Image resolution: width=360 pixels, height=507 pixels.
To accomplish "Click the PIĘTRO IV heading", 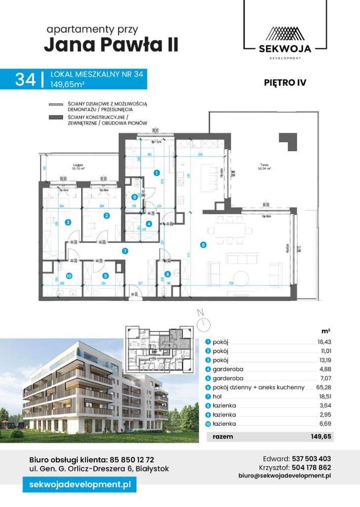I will (x=285, y=81).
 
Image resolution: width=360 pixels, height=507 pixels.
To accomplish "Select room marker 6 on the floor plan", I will (x=203, y=245).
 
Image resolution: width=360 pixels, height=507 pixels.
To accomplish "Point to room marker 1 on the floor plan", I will (x=157, y=173).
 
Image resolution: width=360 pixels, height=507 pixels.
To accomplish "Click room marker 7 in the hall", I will (x=125, y=250).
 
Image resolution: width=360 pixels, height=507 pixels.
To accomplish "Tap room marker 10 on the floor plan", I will (x=69, y=276).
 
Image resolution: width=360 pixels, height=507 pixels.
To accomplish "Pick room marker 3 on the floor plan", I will (x=67, y=221).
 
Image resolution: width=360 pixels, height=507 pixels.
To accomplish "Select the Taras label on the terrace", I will (x=262, y=165).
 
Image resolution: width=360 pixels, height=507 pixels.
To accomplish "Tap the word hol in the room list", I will (x=217, y=396).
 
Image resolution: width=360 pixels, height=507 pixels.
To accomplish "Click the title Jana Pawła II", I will (x=111, y=46).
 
